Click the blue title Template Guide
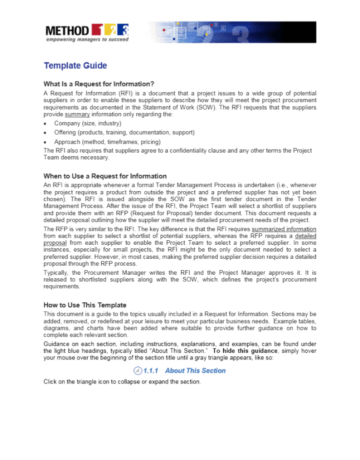(75, 66)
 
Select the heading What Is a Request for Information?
(98, 84)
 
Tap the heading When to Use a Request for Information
(105, 176)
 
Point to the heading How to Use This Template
(84, 305)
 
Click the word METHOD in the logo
(67, 31)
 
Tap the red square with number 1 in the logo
(98, 31)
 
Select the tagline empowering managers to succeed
(86, 40)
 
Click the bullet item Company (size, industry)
(87, 123)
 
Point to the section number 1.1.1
(150, 371)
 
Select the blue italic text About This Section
(195, 371)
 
